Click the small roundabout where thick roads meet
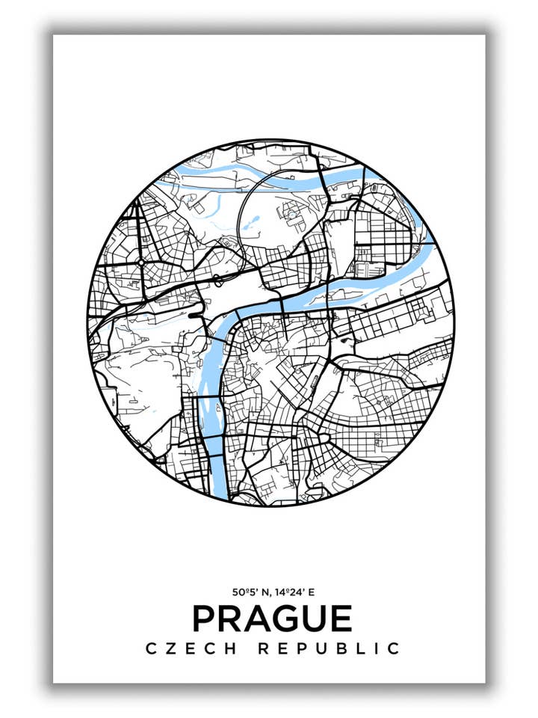pos(141,263)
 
